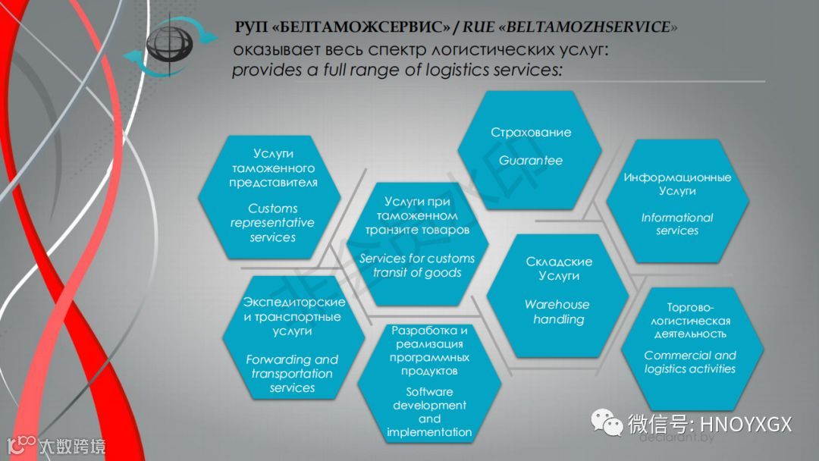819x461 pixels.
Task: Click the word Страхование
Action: [x=531, y=133]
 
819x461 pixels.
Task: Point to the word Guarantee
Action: [x=531, y=161]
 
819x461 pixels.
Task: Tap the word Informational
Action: [x=677, y=218]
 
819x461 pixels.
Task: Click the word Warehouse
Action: [x=557, y=305]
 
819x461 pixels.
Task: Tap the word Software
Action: [x=429, y=392]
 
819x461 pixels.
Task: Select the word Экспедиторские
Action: [x=294, y=303]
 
